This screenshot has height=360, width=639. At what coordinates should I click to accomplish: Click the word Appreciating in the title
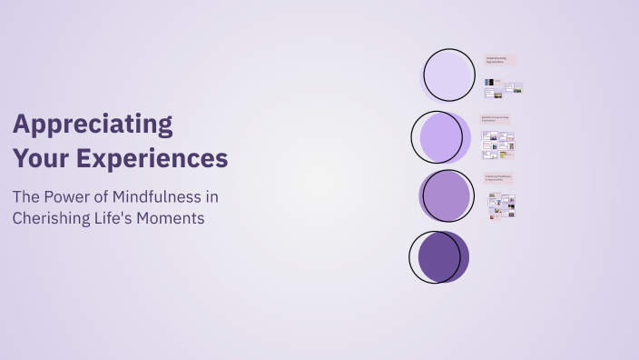click(93, 125)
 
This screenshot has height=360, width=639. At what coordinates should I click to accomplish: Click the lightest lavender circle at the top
click(449, 75)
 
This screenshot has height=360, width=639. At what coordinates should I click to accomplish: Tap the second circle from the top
click(441, 137)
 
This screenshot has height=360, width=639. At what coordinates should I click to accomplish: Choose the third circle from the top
click(447, 196)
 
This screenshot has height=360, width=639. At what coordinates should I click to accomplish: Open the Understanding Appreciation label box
click(499, 60)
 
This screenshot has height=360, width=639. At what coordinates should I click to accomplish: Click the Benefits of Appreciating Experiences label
click(497, 119)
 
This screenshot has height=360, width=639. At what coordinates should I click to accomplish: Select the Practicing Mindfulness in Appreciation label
click(498, 178)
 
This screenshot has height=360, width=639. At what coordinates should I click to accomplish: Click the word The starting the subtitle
click(25, 195)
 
